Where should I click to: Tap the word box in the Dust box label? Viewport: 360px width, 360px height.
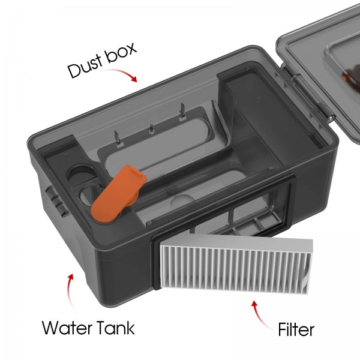tap(121, 53)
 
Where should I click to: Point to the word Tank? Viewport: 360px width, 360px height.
tap(115, 328)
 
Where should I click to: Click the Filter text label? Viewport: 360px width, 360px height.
tap(296, 329)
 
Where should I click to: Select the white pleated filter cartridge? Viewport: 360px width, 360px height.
tap(236, 266)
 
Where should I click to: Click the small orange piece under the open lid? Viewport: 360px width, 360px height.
tap(344, 78)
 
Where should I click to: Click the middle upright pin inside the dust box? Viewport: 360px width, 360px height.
tap(151, 129)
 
